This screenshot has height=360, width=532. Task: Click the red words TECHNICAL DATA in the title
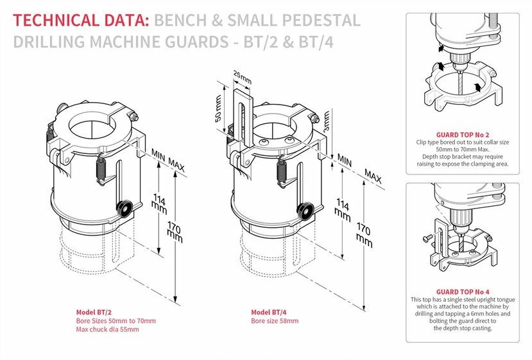pos(80,20)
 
